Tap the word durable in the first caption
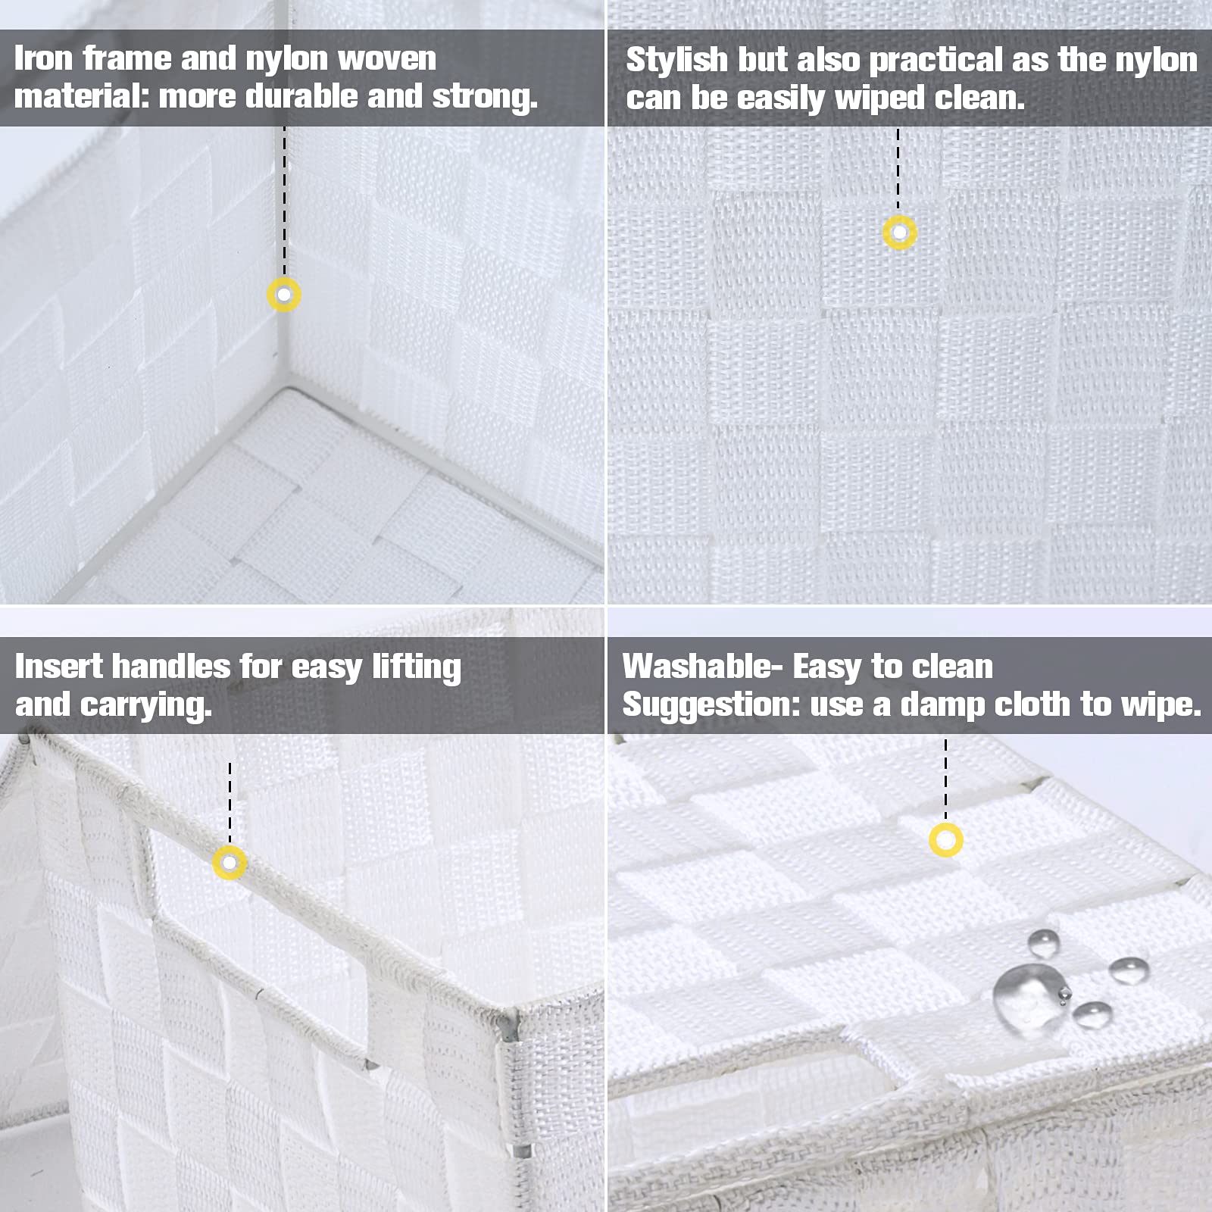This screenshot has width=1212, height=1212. pos(309,96)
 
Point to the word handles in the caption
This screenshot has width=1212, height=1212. pos(170,667)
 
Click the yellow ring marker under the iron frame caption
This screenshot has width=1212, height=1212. pos(284,295)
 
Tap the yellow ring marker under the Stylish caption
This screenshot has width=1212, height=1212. pos(899,233)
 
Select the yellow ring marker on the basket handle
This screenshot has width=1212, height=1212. pos(230,863)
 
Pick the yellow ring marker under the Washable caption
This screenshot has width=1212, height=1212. pos(945,840)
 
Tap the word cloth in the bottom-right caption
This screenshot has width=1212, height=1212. pos(1032,704)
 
